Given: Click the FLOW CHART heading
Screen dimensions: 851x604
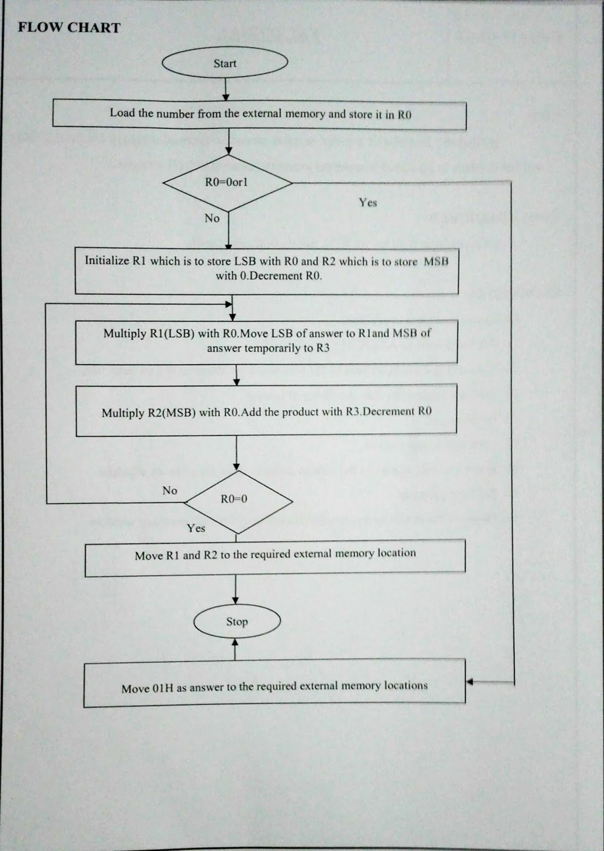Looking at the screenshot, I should point(69,28).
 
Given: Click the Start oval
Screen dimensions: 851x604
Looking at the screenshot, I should point(225,63).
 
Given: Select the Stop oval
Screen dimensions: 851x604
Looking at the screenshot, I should point(237,621).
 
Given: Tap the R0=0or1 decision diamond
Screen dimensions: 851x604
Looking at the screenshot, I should point(228,182).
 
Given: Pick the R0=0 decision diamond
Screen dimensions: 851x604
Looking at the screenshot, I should point(237,500).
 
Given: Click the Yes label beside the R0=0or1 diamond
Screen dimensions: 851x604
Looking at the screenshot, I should point(367,202).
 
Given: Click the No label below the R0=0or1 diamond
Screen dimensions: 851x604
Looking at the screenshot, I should point(212,218).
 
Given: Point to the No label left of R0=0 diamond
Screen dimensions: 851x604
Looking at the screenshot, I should point(170,490).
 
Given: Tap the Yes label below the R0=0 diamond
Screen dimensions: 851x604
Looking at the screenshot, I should point(196,528).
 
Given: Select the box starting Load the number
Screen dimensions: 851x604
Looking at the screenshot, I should point(259,114).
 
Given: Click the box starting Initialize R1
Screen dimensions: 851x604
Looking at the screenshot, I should point(266,270).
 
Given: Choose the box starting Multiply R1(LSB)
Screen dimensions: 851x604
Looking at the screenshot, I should point(266,341).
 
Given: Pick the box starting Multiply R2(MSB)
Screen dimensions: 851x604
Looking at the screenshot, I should point(266,412).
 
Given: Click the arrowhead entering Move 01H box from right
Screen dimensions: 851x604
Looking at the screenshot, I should point(469,681).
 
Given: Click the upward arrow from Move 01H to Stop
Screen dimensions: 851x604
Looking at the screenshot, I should point(235,649).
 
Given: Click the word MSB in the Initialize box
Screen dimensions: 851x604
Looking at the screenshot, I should point(436,261).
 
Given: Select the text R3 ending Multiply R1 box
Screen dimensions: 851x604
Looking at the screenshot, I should point(323,348).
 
